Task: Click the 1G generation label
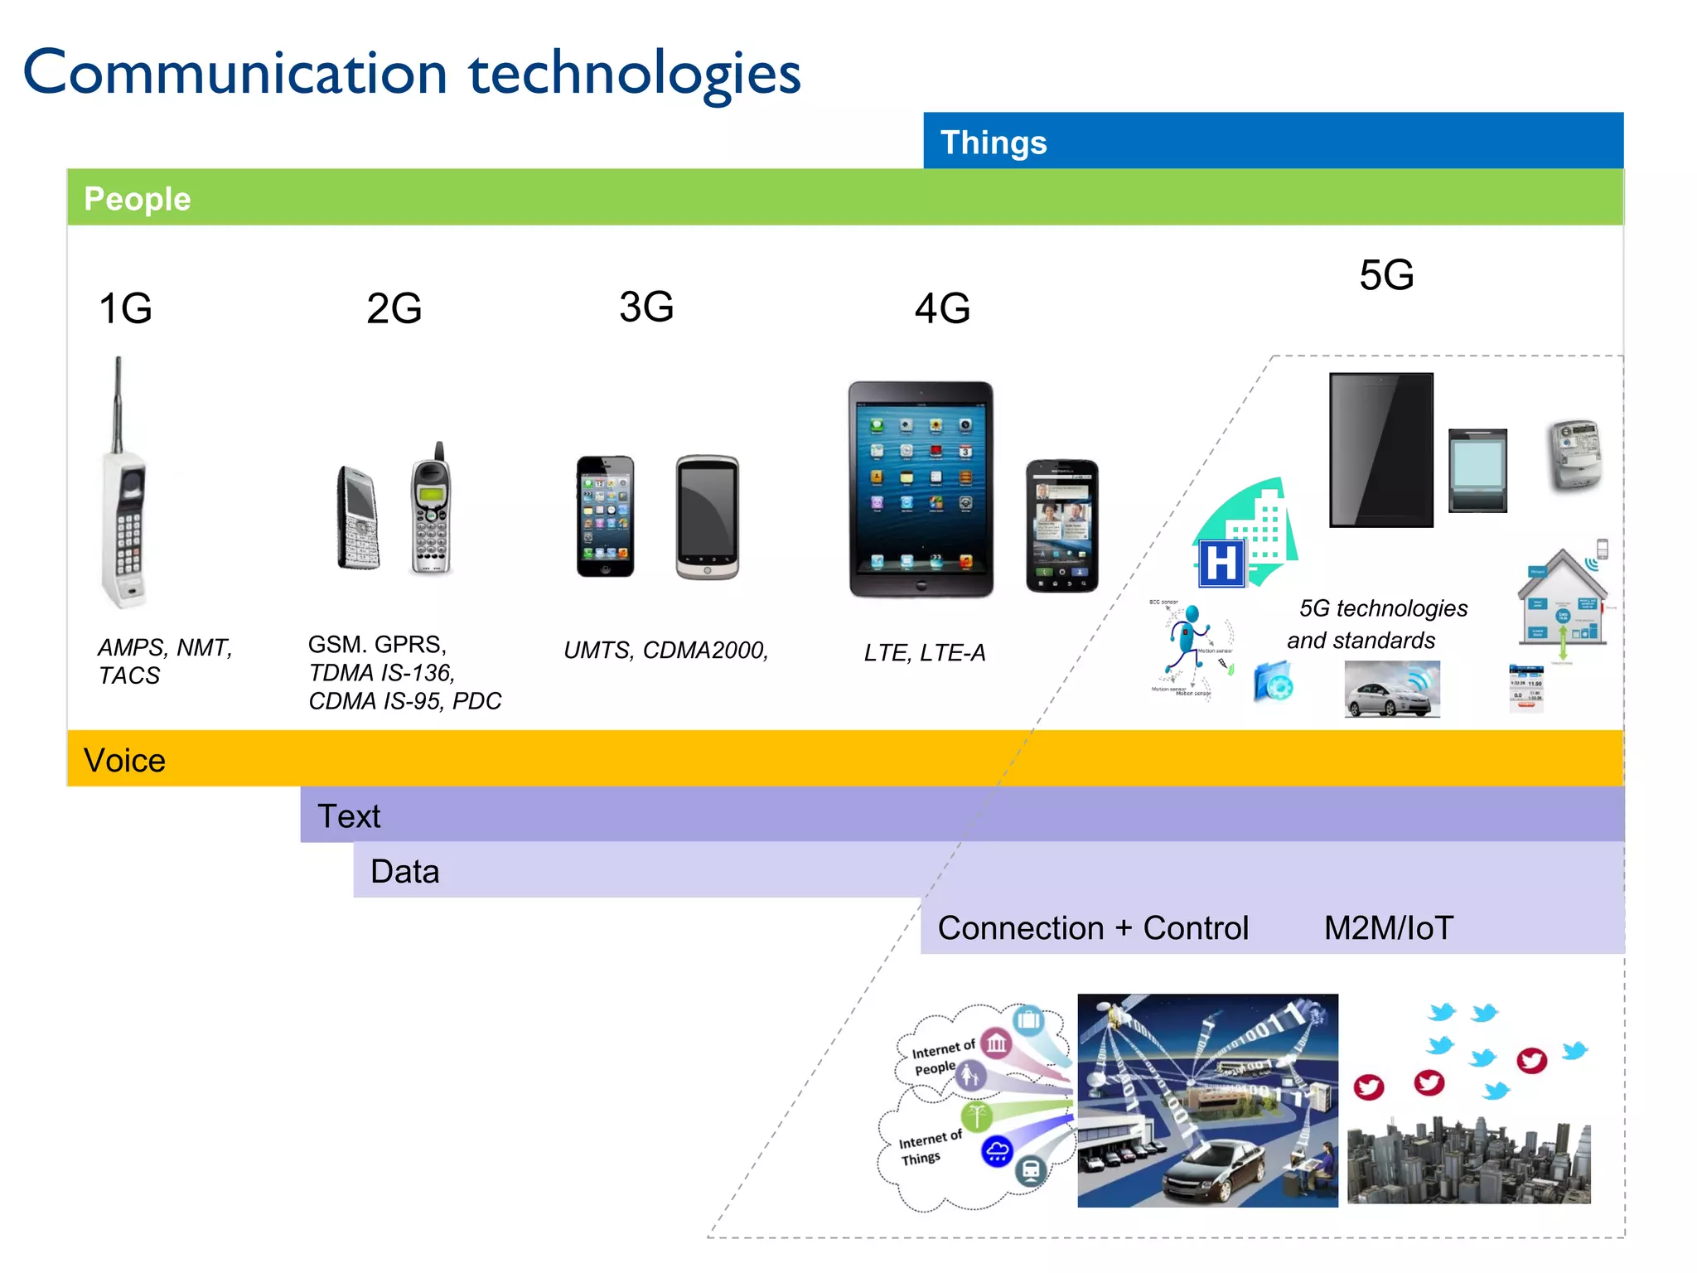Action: point(125,309)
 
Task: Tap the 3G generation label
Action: point(646,307)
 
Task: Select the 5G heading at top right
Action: point(1386,275)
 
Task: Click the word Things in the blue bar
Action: point(994,143)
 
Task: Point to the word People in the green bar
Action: point(138,199)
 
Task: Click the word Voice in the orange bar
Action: point(125,760)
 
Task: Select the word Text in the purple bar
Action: point(349,816)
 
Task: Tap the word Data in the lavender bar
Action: point(404,872)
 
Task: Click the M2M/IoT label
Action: point(1389,928)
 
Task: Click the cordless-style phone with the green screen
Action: point(431,510)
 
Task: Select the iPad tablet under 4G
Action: point(921,489)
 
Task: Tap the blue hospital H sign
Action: point(1221,564)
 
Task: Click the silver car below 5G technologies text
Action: point(1392,690)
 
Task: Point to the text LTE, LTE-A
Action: point(925,653)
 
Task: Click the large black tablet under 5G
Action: point(1381,450)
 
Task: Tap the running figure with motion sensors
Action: point(1189,642)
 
